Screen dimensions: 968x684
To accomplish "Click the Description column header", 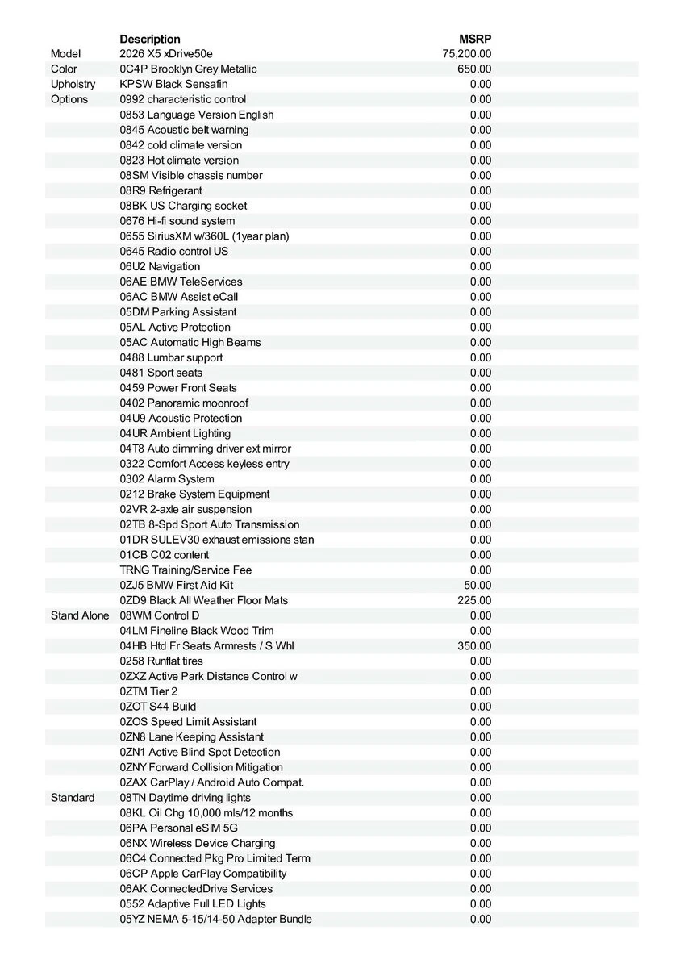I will click(150, 39).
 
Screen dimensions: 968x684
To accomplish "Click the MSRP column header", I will click(475, 39).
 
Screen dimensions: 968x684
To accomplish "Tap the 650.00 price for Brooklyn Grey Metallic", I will click(474, 69).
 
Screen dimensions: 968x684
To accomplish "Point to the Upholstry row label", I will click(73, 84).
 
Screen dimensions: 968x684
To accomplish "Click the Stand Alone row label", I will click(80, 615).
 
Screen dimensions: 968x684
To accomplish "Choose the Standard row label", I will click(73, 798).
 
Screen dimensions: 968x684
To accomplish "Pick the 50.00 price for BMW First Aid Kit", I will click(478, 585).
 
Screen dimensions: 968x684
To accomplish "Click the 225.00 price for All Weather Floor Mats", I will click(474, 600).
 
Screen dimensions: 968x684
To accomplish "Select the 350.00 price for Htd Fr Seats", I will click(474, 646).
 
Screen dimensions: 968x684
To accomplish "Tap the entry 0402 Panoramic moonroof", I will click(184, 403).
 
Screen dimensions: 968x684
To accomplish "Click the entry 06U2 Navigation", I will click(160, 266).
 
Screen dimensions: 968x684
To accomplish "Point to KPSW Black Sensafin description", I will click(173, 84).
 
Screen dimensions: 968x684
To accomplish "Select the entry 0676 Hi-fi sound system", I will click(177, 221).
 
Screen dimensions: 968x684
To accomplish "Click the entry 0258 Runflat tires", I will click(161, 661).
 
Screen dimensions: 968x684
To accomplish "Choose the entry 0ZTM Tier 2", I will click(148, 691).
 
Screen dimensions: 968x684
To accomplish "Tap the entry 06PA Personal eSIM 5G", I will click(179, 828).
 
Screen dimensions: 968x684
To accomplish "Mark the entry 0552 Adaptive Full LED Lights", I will click(193, 904).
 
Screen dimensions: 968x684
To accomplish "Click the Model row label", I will click(66, 54).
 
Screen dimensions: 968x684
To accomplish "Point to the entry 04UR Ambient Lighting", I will click(175, 433).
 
